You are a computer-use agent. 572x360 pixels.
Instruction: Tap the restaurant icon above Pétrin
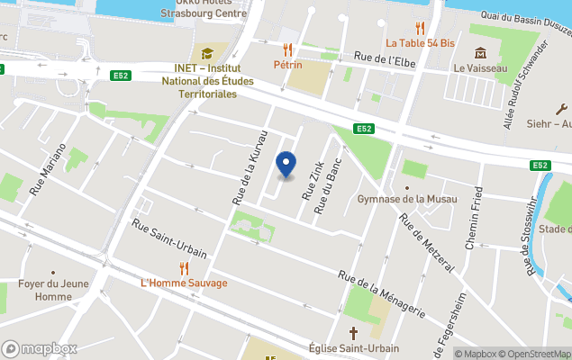tap(287, 49)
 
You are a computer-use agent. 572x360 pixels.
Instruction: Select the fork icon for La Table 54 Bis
tap(419, 27)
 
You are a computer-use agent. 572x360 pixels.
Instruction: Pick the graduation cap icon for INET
tap(206, 53)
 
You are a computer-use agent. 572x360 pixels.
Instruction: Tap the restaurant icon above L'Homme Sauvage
tap(184, 267)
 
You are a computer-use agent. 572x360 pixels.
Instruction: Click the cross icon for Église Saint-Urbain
tap(354, 331)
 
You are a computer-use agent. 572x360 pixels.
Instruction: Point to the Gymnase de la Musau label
tap(407, 199)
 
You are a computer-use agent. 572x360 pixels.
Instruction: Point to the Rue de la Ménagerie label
tap(381, 293)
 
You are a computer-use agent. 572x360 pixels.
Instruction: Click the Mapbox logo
tap(40, 348)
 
